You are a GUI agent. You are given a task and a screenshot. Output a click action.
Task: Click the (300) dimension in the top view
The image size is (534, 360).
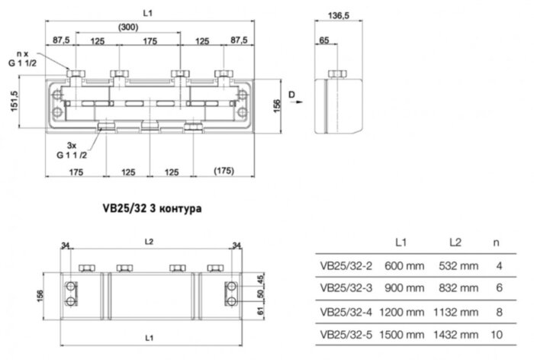pyautogui.click(x=128, y=27)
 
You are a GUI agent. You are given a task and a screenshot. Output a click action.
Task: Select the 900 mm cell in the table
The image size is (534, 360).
pyautogui.click(x=404, y=289)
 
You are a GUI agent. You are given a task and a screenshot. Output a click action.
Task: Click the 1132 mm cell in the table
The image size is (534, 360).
pyautogui.click(x=458, y=311)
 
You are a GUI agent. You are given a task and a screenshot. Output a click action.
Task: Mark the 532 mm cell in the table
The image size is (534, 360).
pyautogui.click(x=458, y=267)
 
